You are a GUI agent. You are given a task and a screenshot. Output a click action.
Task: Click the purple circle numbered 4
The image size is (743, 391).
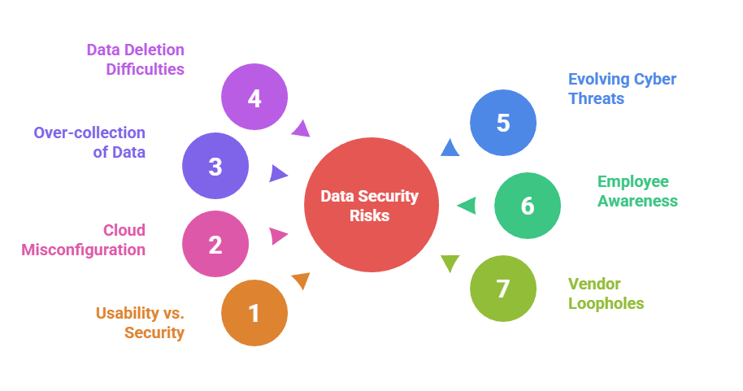[x=254, y=98]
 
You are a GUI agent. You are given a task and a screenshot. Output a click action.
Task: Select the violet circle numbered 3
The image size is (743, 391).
[x=215, y=166]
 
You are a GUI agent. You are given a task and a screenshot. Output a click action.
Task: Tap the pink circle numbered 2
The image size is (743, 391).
[x=215, y=245]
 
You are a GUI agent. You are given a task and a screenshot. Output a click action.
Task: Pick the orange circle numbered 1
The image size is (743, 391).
[x=254, y=313]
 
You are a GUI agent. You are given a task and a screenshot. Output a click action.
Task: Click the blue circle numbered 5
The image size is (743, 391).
[x=503, y=123]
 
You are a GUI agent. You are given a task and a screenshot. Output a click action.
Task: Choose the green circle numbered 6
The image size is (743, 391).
[x=528, y=206]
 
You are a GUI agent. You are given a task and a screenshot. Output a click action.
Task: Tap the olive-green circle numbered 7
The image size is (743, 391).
[x=503, y=289]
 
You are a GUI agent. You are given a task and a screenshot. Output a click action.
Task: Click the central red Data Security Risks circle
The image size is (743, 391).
[x=370, y=206]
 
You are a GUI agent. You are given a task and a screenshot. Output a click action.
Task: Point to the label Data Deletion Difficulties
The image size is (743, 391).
[x=137, y=59]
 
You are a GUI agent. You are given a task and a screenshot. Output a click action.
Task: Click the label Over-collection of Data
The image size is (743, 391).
[x=89, y=142]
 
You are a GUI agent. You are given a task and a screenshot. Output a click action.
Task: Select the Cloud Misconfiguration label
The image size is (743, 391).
[x=84, y=240]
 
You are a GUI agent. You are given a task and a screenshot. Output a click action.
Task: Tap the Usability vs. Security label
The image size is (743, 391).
[x=140, y=323]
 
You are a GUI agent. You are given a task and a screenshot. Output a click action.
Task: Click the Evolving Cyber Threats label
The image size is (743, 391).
[x=622, y=89]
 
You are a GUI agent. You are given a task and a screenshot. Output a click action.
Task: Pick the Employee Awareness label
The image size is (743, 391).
[x=637, y=191]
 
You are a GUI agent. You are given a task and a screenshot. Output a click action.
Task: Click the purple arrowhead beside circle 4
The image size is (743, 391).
[x=301, y=128]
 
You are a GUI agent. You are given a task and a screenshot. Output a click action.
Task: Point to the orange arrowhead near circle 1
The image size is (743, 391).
[x=301, y=281]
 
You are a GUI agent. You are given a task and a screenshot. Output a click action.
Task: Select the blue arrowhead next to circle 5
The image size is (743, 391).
[x=450, y=147]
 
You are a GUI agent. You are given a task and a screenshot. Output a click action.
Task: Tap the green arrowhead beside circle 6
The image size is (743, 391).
[x=467, y=206]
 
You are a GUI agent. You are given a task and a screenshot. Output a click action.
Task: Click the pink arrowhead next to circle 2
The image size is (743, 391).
[x=279, y=237]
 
